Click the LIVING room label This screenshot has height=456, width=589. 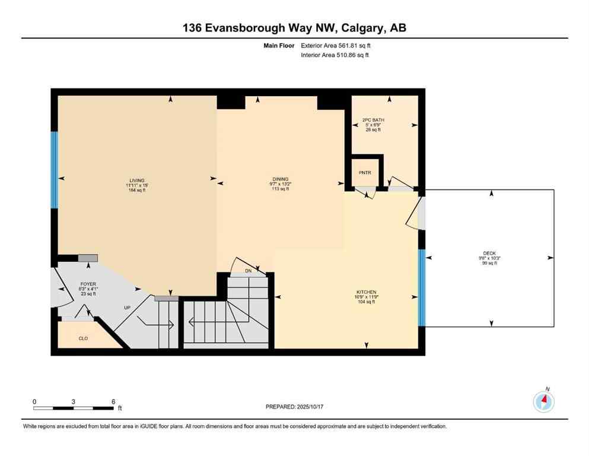click(138, 180)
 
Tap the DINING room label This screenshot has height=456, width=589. click(280, 179)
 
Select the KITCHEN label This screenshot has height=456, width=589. click(366, 292)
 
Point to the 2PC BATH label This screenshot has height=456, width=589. click(373, 120)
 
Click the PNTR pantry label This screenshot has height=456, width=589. click(365, 172)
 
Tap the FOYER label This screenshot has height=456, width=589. click(88, 284)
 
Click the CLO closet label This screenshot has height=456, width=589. click(84, 338)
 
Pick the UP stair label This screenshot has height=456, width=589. click(126, 308)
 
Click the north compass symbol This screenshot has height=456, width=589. click(543, 402)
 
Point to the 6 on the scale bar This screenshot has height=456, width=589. click(113, 401)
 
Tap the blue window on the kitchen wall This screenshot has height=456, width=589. click(422, 287)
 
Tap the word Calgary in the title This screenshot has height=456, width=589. click(347, 28)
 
